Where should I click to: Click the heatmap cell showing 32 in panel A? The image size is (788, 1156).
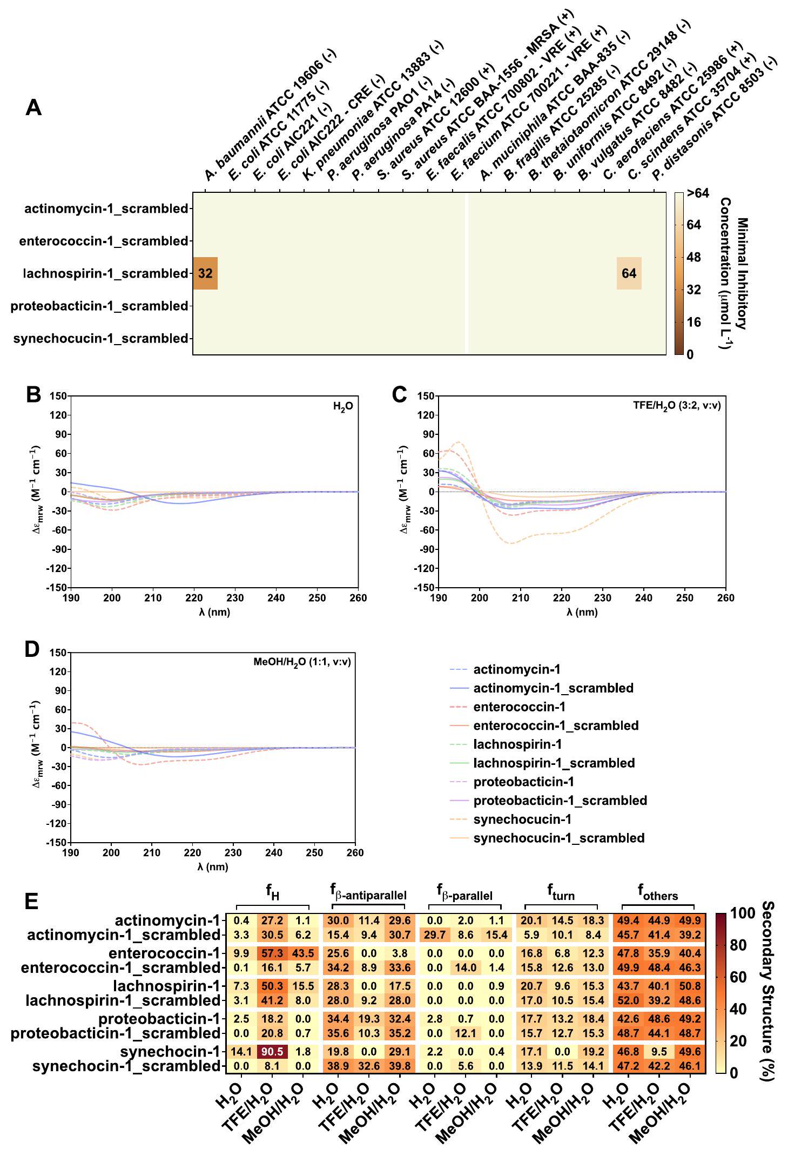[x=205, y=273]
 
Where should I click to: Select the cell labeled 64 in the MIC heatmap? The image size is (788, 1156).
[x=629, y=273]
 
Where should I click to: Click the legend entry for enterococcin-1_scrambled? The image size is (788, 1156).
[x=556, y=725]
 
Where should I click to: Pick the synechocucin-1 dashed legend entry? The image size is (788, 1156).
[x=522, y=819]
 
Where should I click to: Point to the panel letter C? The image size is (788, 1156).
[x=399, y=395]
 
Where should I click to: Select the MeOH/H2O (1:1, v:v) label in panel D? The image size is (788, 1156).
[x=302, y=662]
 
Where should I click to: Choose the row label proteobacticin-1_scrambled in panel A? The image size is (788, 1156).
[x=99, y=306]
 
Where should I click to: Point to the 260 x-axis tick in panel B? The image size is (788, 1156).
[x=358, y=598]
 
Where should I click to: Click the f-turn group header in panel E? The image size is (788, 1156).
[x=561, y=895]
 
